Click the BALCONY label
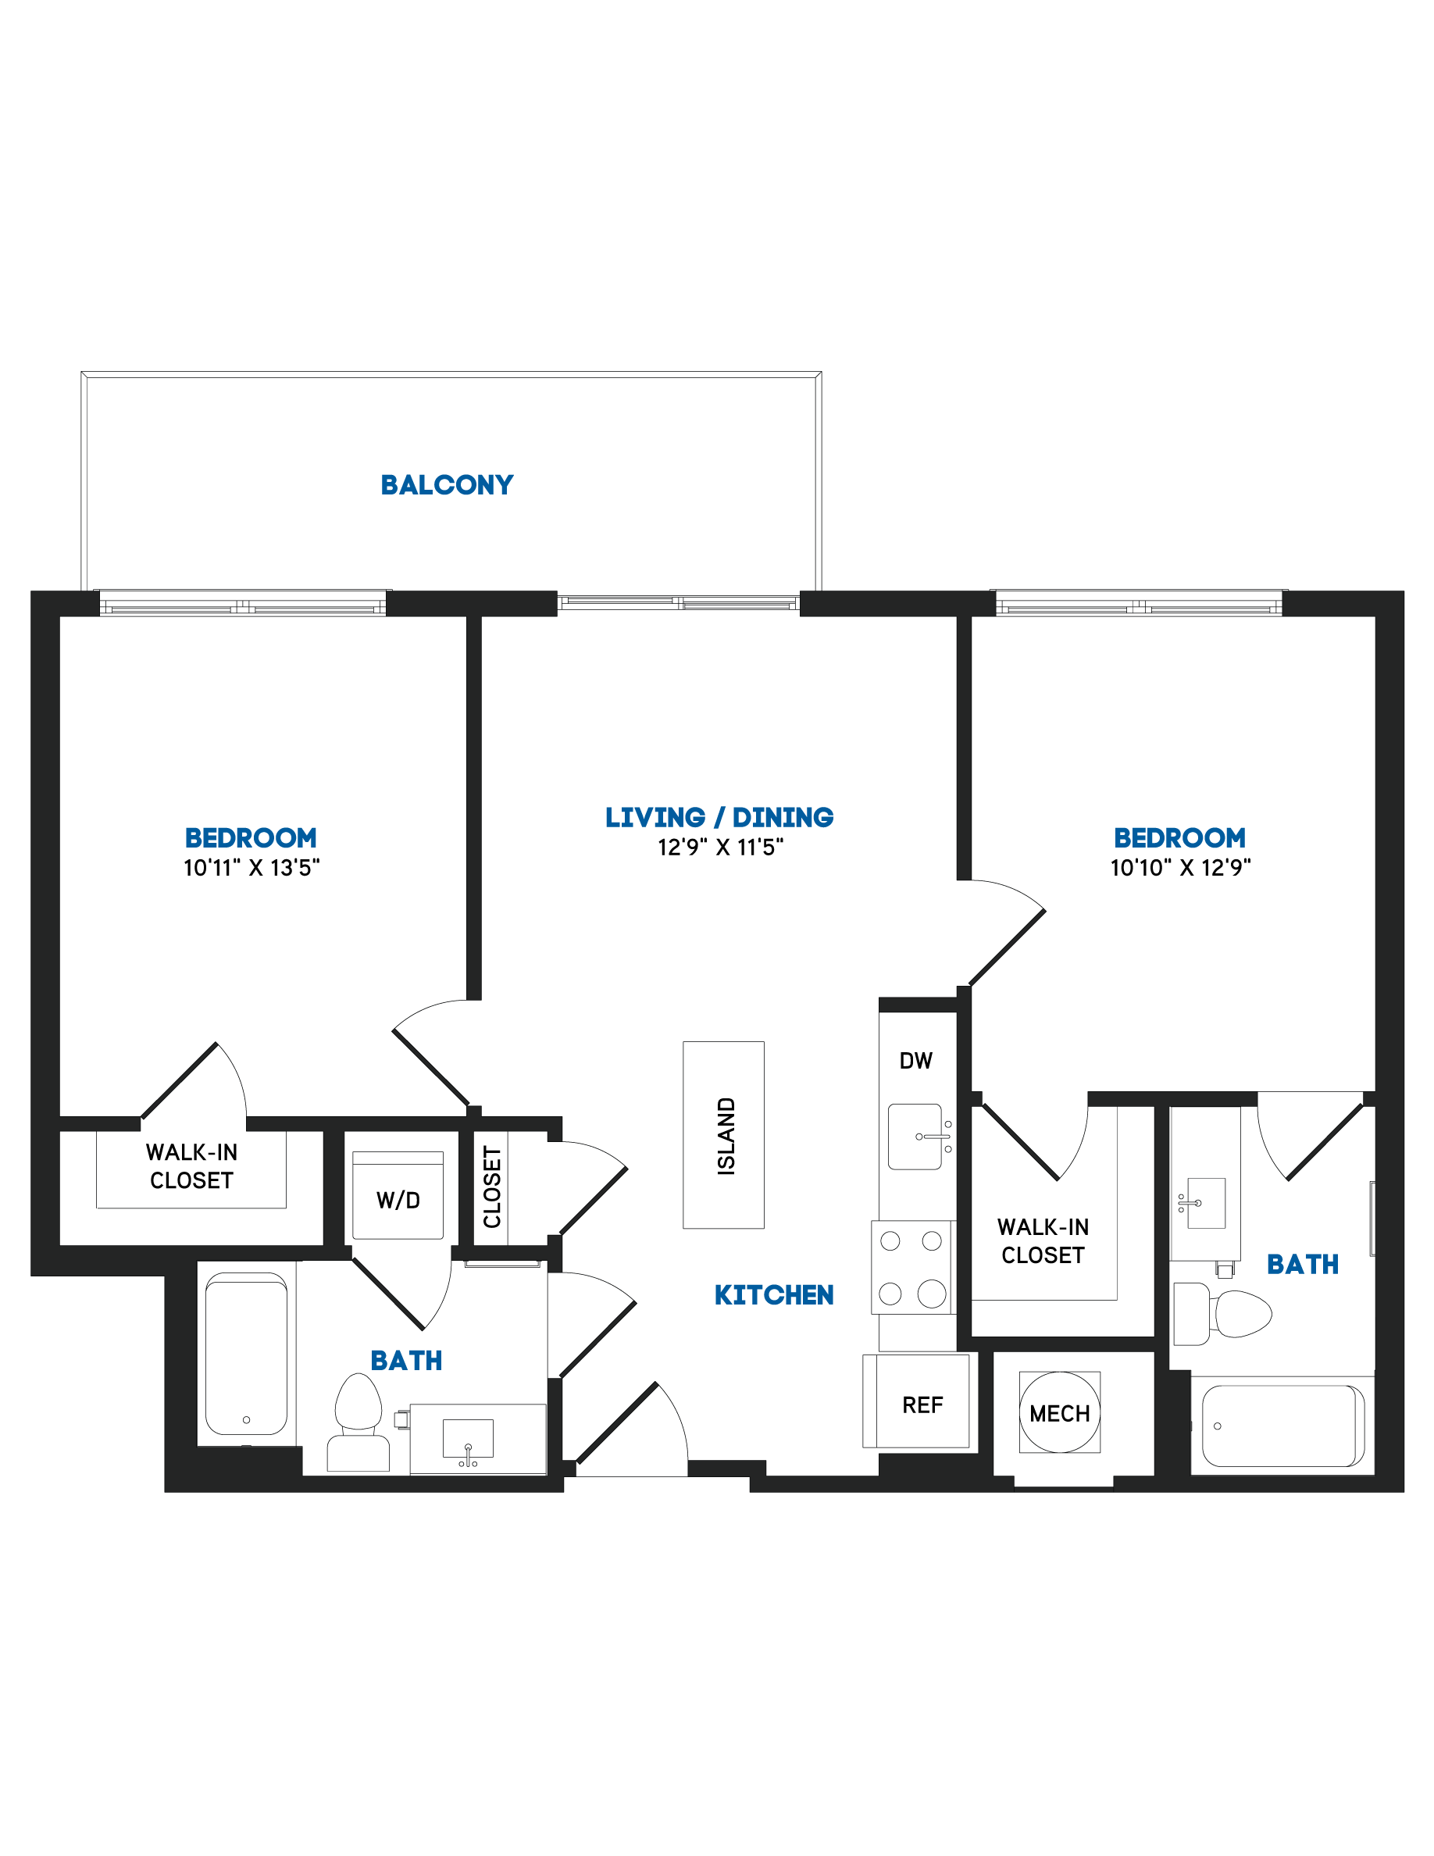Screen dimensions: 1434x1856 [x=447, y=484]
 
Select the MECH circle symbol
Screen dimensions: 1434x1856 [x=1059, y=1412]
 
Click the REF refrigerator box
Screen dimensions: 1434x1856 [x=916, y=1401]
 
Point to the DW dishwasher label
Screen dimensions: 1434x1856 [x=916, y=1061]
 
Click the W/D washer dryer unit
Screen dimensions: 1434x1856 [x=398, y=1196]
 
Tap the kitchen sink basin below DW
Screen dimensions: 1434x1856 [x=915, y=1137]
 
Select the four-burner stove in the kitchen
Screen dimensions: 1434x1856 [x=911, y=1267]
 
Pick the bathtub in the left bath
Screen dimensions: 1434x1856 [x=246, y=1354]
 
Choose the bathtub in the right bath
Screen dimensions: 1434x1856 [x=1282, y=1426]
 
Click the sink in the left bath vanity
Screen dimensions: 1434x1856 [x=468, y=1438]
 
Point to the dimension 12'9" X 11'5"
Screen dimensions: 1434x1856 [x=720, y=848]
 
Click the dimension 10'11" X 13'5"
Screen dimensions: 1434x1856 [x=251, y=868]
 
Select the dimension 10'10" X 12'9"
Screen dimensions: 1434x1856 [x=1181, y=868]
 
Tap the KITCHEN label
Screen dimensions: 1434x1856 [x=774, y=1295]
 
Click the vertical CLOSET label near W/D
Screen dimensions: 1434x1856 [x=493, y=1187]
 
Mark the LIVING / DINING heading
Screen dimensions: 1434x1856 [x=719, y=818]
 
